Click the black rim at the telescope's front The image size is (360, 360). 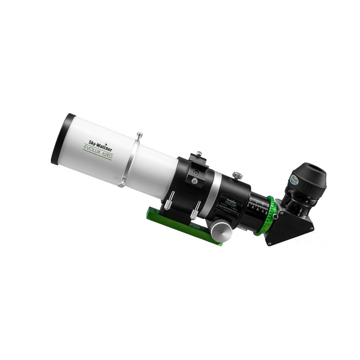59,139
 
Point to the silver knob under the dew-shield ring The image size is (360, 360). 121,183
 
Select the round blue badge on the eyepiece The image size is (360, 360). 293,180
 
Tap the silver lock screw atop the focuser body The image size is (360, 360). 237,175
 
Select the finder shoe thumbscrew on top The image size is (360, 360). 198,154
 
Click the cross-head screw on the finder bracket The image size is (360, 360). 194,181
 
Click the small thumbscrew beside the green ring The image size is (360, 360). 275,216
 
